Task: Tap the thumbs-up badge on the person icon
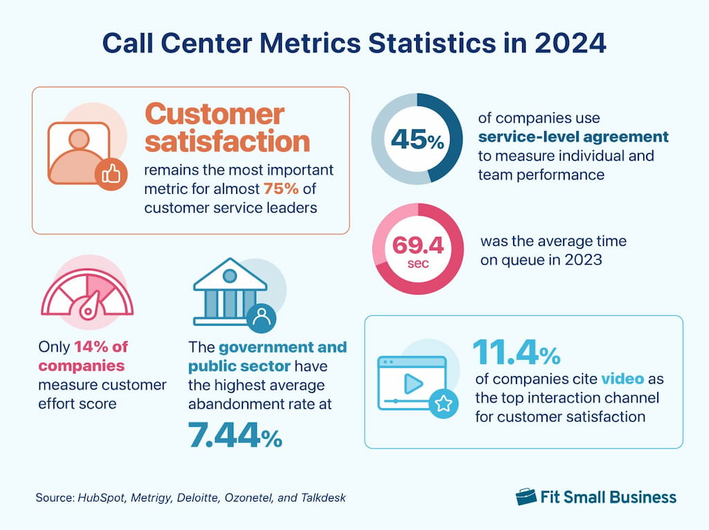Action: (111, 174)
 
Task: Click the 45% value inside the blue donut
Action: (417, 141)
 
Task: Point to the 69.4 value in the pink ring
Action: (418, 245)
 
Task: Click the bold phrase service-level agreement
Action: (573, 136)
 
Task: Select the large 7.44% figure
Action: (235, 436)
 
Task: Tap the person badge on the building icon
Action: (261, 317)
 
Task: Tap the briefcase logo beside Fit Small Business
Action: (527, 496)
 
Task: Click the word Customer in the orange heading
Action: (215, 114)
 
